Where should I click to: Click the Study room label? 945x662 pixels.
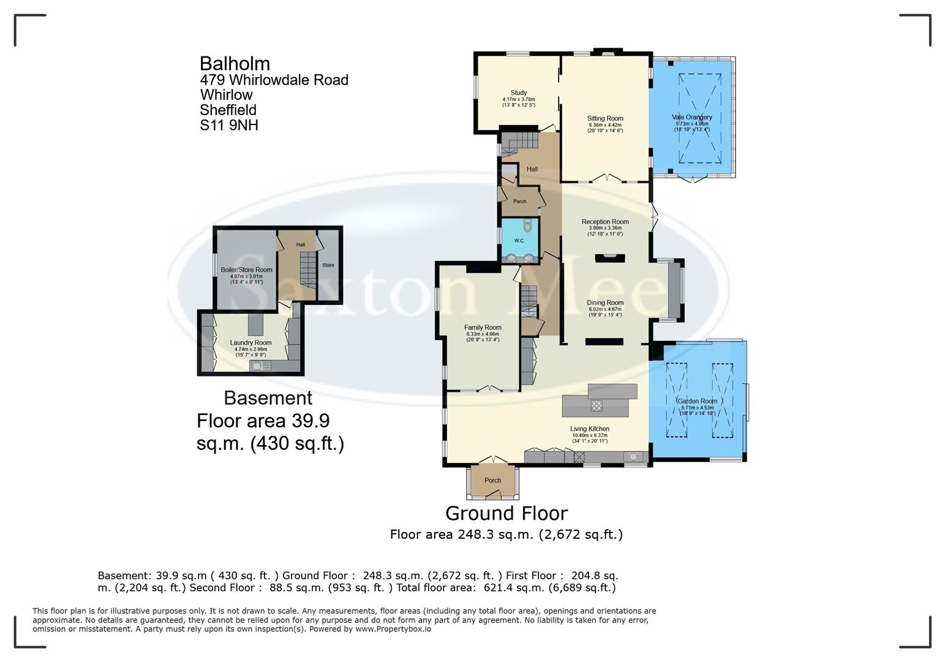point(518,93)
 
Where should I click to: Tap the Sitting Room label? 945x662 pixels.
point(604,118)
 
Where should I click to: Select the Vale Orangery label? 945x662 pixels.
point(691,117)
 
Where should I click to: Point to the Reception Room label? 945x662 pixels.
point(604,222)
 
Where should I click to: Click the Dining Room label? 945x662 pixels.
point(604,303)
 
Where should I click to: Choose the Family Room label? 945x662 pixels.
point(483,328)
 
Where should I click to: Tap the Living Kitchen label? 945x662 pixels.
point(589,429)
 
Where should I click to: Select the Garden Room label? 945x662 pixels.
point(697,401)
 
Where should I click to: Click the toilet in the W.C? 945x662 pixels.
point(527,226)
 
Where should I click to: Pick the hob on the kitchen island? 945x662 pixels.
point(597,405)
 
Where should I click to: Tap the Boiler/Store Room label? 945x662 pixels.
point(246,270)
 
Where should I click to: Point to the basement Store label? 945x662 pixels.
point(328,265)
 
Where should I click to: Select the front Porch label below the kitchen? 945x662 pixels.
point(492,481)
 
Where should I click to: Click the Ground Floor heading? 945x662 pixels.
point(506,513)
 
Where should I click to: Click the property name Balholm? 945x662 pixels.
point(235,63)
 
